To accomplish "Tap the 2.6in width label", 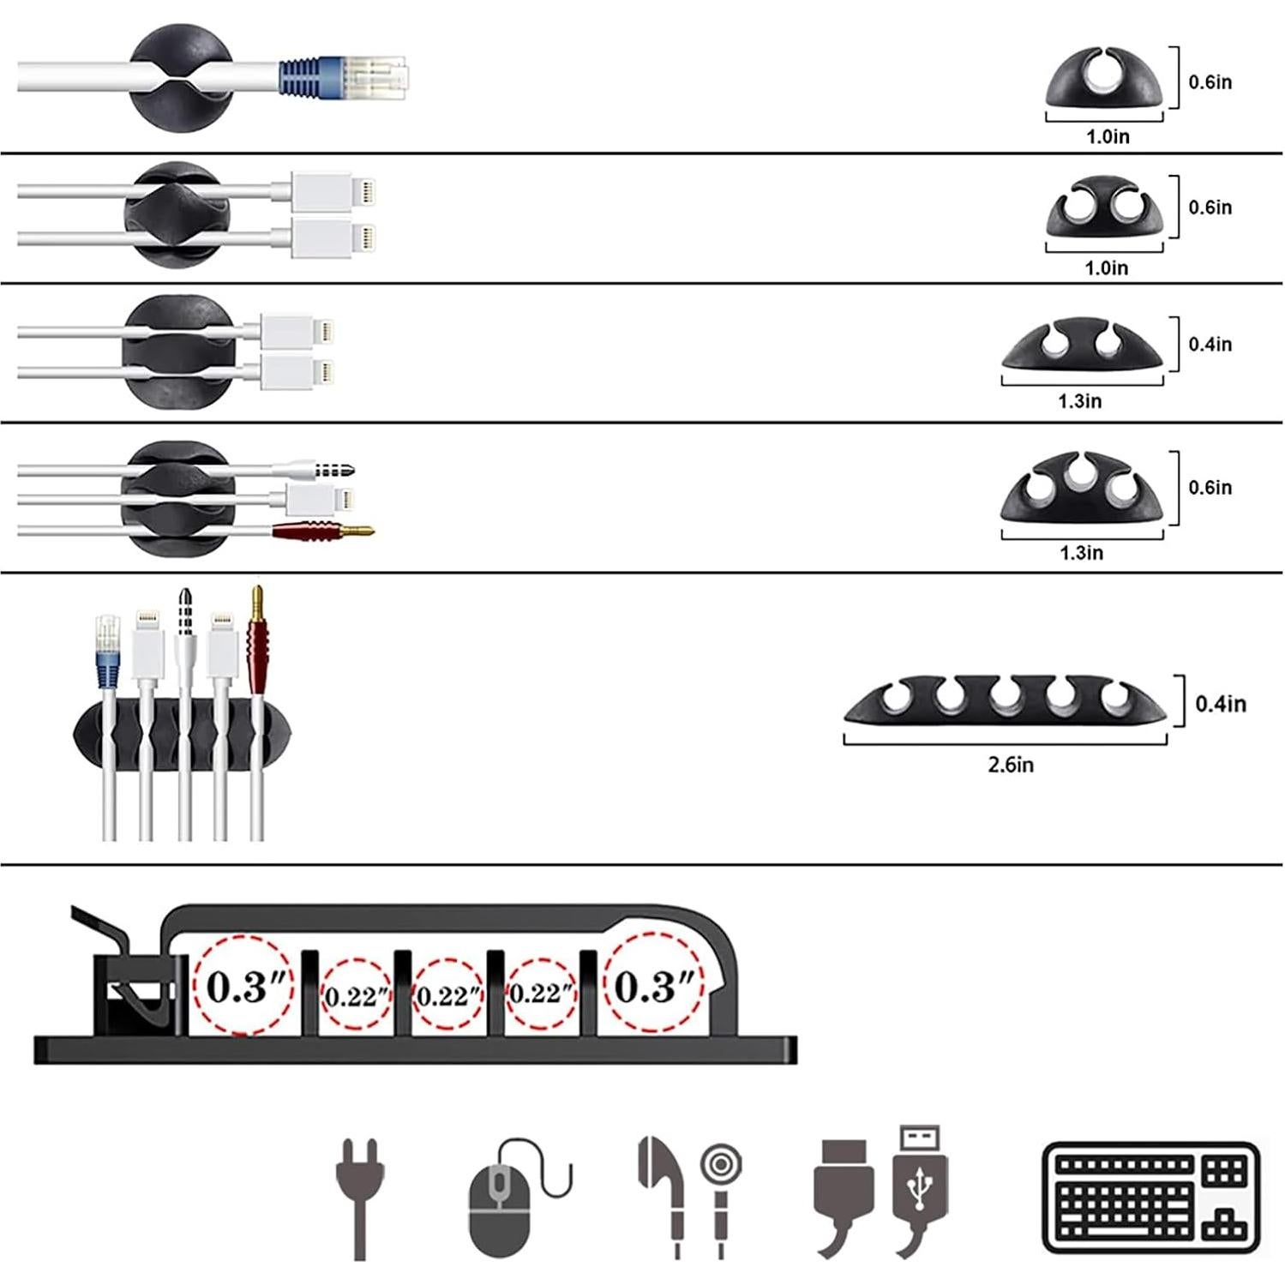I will point(1011,765).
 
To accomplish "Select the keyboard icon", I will point(1151,1197).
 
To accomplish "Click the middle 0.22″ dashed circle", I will point(447,995).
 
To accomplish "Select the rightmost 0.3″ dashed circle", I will point(653,986).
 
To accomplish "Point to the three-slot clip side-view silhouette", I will point(1082,488).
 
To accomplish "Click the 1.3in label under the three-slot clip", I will point(1082,553).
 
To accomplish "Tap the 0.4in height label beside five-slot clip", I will point(1221,704).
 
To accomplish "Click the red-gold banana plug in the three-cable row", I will point(324,531).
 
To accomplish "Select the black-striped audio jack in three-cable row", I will point(333,470).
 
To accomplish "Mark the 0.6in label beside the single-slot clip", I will point(1210,82).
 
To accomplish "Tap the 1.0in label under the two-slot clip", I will point(1107,268).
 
